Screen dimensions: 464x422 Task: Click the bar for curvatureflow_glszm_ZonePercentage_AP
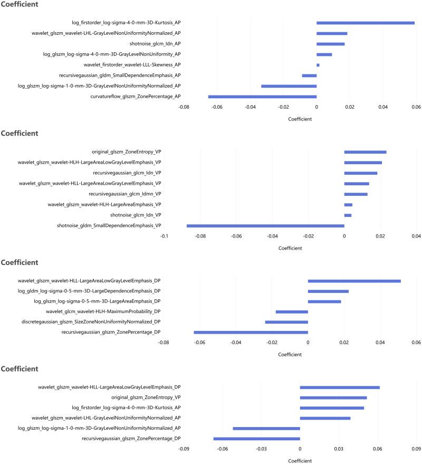pos(262,97)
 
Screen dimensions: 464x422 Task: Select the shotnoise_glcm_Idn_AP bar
pos(330,44)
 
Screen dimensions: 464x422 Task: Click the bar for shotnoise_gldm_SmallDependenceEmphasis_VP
pos(265,225)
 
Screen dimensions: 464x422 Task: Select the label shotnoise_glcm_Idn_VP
pos(136,215)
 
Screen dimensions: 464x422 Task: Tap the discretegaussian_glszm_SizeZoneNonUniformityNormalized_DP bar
pos(286,322)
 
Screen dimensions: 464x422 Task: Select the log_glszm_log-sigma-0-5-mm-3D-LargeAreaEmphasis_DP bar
pos(324,301)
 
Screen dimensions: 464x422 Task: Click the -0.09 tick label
pos(184,450)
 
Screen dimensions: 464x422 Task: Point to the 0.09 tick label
pos(416,450)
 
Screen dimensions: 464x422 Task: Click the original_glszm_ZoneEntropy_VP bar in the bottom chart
pos(333,397)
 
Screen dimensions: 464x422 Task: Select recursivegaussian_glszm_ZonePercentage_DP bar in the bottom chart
pos(256,439)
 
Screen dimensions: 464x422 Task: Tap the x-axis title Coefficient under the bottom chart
pos(300,460)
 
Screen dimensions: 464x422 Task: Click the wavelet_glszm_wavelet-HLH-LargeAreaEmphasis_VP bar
pos(348,204)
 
